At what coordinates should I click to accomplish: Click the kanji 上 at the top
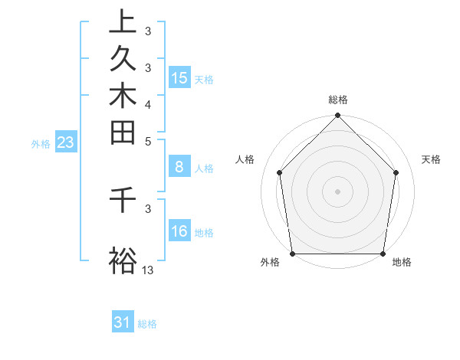click(x=123, y=21)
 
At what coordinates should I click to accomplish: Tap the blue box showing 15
click(x=179, y=77)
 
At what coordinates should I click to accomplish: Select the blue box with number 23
click(x=66, y=142)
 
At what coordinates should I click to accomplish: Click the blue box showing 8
click(x=179, y=166)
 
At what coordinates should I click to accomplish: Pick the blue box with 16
click(x=179, y=231)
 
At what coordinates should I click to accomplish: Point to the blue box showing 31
click(x=123, y=322)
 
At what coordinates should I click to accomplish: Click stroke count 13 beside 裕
click(x=148, y=270)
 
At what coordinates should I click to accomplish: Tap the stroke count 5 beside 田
click(x=148, y=141)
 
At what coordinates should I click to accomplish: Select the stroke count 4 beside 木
click(x=148, y=104)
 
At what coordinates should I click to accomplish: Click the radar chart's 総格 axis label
click(x=338, y=100)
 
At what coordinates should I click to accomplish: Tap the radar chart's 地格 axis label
click(x=402, y=262)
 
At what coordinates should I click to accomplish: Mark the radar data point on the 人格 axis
click(x=280, y=172)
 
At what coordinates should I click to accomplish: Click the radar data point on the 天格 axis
click(x=396, y=172)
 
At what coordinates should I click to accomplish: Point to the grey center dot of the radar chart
click(x=338, y=191)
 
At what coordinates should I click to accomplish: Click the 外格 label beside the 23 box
click(x=41, y=143)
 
